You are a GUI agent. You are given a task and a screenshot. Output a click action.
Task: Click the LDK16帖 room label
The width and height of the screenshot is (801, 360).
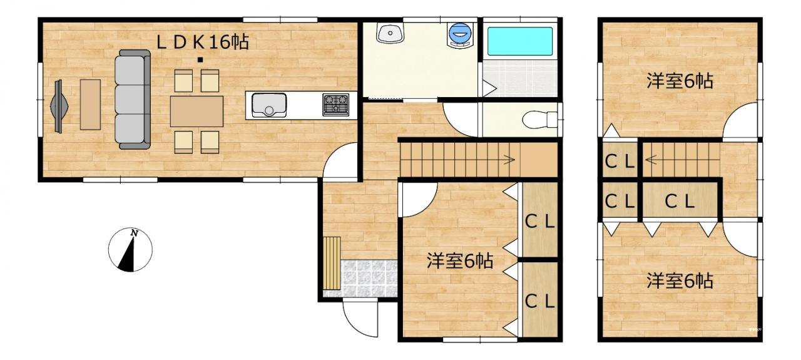[203, 43]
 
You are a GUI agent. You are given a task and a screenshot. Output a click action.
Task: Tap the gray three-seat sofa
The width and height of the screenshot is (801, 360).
[133, 100]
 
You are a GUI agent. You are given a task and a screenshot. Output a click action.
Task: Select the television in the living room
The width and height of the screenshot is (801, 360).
[58, 106]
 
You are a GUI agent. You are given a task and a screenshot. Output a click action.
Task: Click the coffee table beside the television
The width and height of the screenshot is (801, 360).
[90, 105]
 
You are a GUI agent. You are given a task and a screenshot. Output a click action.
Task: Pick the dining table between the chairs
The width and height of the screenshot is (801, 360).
[196, 111]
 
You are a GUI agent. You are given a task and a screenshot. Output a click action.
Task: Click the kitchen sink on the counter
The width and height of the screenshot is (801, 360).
[269, 105]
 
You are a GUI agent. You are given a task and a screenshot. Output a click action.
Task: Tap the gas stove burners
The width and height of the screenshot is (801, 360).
[336, 105]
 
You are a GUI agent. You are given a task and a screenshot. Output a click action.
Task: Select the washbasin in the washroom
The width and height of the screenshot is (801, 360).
[390, 33]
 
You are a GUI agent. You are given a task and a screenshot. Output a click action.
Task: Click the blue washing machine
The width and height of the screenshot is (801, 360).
[461, 34]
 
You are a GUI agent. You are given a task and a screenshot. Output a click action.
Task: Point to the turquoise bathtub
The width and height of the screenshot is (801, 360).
[520, 41]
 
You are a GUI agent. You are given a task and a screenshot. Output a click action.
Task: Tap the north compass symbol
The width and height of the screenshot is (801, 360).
[130, 249]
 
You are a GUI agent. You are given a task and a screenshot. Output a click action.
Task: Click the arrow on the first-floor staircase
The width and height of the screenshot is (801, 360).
[510, 159]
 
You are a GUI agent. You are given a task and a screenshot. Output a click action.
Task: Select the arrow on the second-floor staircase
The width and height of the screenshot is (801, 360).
[651, 160]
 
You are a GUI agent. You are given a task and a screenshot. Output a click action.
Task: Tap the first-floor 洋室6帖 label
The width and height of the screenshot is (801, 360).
[460, 261]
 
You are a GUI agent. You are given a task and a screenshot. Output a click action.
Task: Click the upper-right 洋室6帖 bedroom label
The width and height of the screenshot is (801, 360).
[680, 81]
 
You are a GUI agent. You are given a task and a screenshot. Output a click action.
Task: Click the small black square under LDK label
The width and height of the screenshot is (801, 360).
[201, 60]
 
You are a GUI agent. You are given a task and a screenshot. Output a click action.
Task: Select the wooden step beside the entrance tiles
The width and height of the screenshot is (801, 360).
[332, 263]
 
